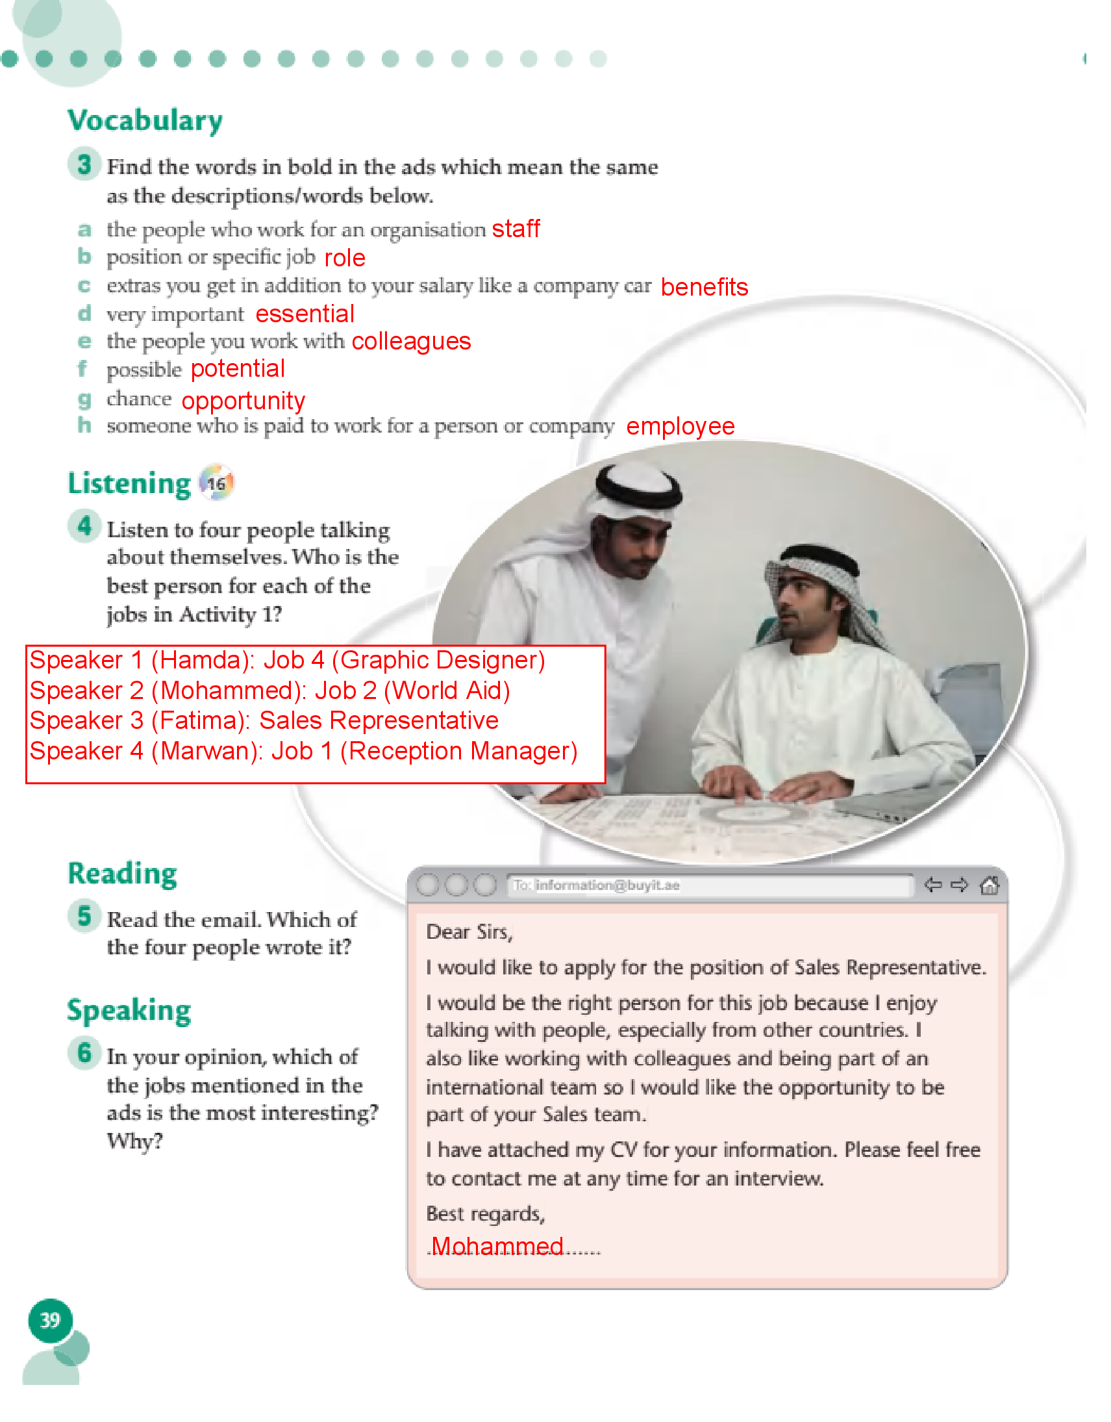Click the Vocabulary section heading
click(145, 121)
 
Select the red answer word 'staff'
click(516, 229)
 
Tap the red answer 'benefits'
click(704, 287)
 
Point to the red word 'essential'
click(305, 314)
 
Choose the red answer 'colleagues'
click(410, 342)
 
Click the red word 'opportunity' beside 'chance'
click(243, 401)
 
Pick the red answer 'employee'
click(680, 426)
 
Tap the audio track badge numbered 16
click(216, 484)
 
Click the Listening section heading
click(129, 484)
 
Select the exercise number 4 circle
click(84, 526)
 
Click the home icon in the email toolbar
click(990, 885)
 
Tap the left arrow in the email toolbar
click(932, 885)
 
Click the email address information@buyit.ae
click(607, 885)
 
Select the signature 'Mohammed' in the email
click(497, 1246)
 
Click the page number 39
click(50, 1321)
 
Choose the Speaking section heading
click(129, 1011)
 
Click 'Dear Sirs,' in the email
click(469, 932)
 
